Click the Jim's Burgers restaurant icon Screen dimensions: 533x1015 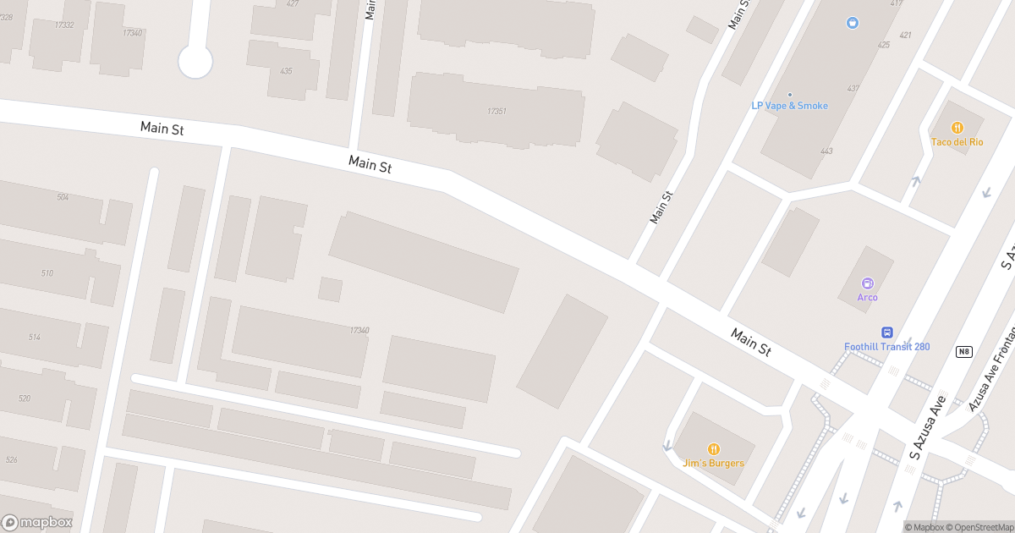[714, 448]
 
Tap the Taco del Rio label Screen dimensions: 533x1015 [957, 142]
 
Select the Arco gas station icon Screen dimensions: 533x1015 [867, 283]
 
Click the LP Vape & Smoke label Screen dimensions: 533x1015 [789, 106]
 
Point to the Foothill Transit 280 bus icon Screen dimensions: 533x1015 [887, 332]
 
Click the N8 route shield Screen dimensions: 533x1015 [963, 351]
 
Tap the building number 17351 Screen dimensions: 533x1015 [497, 112]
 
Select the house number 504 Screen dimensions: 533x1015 [63, 197]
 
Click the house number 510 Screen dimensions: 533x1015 [47, 273]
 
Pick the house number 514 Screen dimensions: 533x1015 [35, 338]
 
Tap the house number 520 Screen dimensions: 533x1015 [24, 398]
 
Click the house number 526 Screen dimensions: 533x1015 [11, 460]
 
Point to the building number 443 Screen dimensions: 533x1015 [826, 151]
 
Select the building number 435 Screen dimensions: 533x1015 [286, 71]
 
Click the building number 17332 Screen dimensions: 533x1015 [63, 25]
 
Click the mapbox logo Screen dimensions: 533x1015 [37, 522]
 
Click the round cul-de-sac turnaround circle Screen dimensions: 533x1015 [195, 62]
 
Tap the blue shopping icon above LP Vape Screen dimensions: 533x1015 [852, 23]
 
